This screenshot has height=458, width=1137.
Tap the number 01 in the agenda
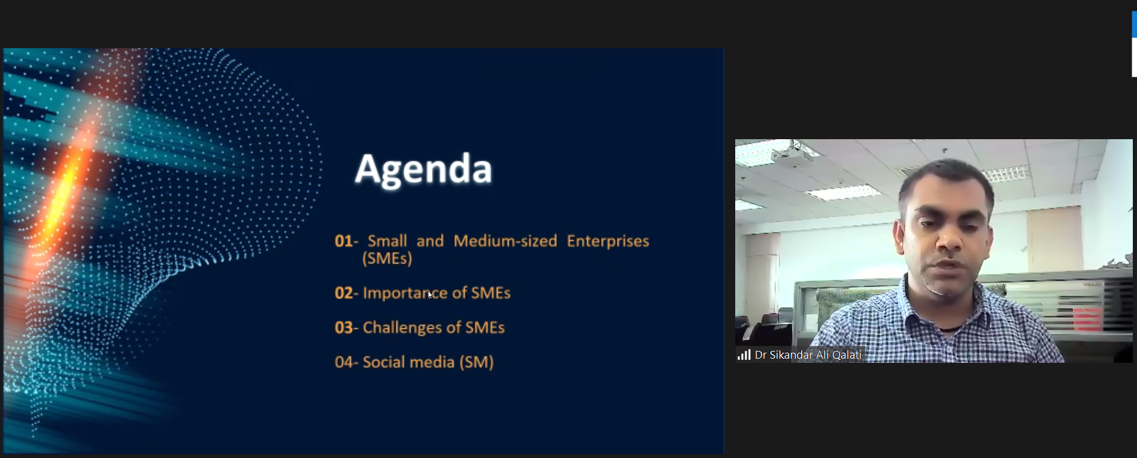point(344,241)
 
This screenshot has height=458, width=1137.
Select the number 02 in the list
point(344,293)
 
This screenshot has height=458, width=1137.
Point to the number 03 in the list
point(344,327)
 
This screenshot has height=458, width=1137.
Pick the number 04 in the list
point(344,362)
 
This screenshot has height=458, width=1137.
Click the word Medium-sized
point(505,241)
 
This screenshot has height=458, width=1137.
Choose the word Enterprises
point(607,241)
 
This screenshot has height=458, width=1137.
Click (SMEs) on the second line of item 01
point(387,258)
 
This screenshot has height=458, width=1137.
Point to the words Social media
point(408,362)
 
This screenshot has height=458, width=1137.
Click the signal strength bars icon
point(744,355)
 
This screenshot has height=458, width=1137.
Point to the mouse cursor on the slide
point(430,294)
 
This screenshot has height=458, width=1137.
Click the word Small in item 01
point(387,241)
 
